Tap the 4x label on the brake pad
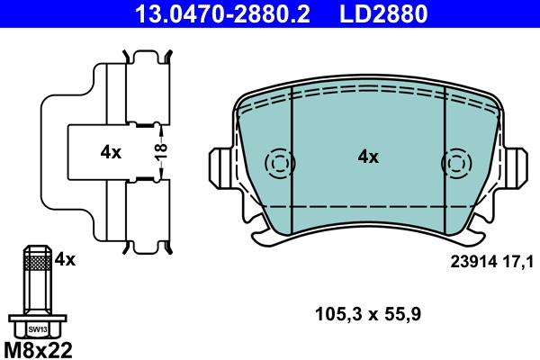point(368,157)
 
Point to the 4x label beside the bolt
point(65,259)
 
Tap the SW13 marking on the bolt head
point(37,329)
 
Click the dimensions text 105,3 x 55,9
point(368,314)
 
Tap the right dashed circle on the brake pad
point(455,164)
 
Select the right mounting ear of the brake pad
point(515,167)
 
